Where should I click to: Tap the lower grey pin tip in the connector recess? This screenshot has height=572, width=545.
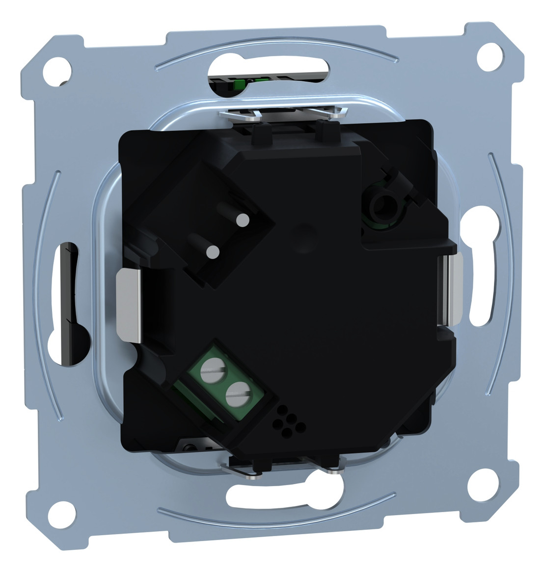point(212,253)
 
